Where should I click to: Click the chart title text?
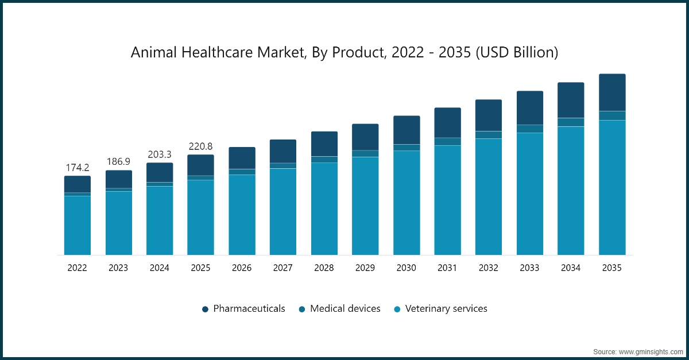(x=344, y=52)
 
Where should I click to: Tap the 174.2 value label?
(x=77, y=168)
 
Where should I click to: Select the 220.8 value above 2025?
(x=200, y=146)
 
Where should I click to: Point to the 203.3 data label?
(x=159, y=154)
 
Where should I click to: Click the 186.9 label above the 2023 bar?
(x=118, y=162)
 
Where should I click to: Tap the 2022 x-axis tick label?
(x=77, y=268)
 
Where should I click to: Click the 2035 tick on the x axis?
(x=612, y=268)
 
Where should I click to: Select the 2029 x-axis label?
(x=365, y=268)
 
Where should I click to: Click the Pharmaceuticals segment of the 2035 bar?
(x=612, y=92)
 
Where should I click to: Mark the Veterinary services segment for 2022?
(x=77, y=225)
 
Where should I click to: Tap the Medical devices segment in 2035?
(x=612, y=115)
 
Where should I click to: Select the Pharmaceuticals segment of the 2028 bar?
(x=324, y=144)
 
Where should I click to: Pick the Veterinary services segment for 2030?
(x=407, y=202)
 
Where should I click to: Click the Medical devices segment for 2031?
(x=447, y=141)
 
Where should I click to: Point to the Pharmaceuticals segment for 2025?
(x=200, y=165)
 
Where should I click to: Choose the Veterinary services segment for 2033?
(x=530, y=193)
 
